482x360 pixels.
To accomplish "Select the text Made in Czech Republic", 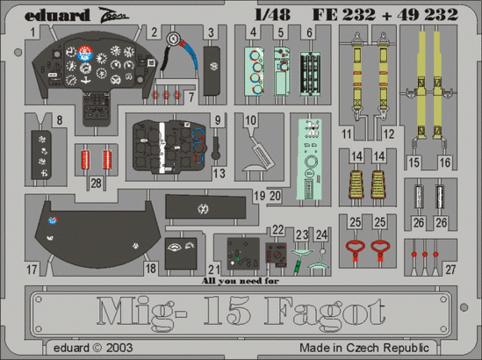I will [401, 347].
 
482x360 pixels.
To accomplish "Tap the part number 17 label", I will [32, 269].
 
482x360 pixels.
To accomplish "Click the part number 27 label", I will [450, 269].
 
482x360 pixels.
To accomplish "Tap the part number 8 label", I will [59, 121].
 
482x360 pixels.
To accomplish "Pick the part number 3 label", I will [212, 33].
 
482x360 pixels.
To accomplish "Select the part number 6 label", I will [310, 33].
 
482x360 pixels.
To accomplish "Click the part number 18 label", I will [151, 269].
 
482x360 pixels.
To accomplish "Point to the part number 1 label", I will [32, 33].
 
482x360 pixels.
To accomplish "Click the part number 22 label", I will [277, 230].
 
